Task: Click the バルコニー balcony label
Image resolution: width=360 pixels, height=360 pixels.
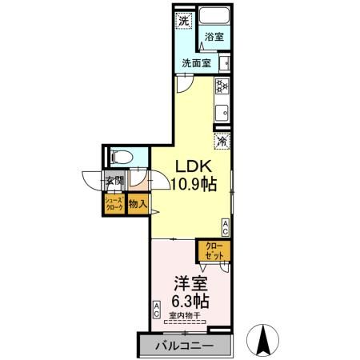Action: [x=184, y=346]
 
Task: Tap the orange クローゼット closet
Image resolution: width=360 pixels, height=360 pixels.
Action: [x=214, y=250]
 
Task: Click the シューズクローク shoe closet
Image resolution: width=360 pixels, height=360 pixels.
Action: [x=113, y=204]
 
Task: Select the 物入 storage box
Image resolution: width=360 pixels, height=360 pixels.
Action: [x=138, y=204]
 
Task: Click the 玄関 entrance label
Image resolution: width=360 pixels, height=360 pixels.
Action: [x=113, y=182]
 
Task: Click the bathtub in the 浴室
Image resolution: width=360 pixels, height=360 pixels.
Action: [x=214, y=17]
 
